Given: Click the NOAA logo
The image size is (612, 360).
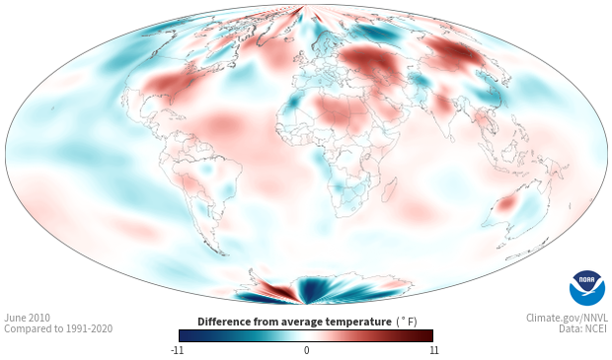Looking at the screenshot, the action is [x=587, y=288].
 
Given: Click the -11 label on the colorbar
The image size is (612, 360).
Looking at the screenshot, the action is [x=177, y=350].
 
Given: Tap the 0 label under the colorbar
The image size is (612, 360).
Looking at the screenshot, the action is [x=306, y=350].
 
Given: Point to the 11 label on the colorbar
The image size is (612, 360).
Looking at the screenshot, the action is [x=433, y=350].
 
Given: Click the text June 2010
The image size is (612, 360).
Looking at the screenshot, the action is [x=27, y=318].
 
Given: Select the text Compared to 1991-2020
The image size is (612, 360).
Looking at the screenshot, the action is [x=58, y=328].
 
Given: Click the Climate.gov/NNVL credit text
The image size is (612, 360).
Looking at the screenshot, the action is [x=567, y=318].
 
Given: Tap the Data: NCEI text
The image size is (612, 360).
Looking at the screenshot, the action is [x=583, y=328].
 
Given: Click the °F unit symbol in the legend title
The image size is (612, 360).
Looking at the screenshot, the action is [x=407, y=322].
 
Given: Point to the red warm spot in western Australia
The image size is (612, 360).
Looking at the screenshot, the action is [x=506, y=203].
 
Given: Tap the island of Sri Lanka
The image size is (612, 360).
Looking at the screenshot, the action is [x=451, y=138].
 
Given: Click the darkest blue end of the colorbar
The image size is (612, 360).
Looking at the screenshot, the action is [x=183, y=335].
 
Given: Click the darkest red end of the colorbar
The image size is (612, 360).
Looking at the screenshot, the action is [x=429, y=335].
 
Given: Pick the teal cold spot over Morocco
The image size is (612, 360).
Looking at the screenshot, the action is [x=293, y=102].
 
